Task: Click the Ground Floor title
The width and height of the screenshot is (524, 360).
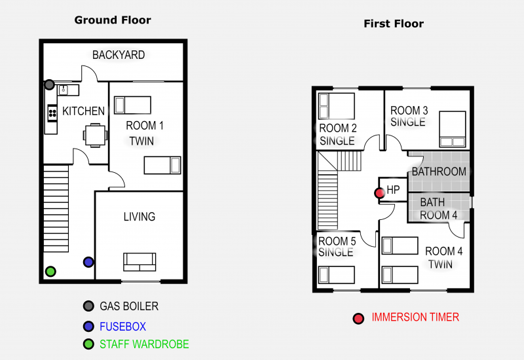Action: (x=113, y=20)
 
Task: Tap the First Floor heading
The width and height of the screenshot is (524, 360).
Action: (x=394, y=24)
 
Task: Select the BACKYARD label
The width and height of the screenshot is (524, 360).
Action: (x=119, y=55)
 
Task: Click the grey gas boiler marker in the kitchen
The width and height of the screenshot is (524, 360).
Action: (x=50, y=84)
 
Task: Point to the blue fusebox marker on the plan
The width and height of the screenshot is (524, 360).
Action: (x=88, y=262)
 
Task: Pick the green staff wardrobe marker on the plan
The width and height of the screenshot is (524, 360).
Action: (x=50, y=271)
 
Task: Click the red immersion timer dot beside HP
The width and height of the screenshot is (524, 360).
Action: (x=379, y=193)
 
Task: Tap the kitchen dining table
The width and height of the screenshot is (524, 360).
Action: (x=94, y=135)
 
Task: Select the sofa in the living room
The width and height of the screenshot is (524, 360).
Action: (x=140, y=262)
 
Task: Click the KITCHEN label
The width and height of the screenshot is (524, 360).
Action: (x=83, y=111)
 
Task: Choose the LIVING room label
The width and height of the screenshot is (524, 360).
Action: (x=139, y=217)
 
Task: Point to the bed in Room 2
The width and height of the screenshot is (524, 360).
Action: (x=336, y=105)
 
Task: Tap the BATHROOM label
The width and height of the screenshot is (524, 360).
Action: (x=439, y=172)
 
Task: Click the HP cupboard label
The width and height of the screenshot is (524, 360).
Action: (x=393, y=190)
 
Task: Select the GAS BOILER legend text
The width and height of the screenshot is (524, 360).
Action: (x=129, y=306)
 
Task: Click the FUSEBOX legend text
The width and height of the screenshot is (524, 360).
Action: (x=122, y=326)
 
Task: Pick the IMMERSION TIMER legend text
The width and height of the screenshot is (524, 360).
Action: (x=415, y=317)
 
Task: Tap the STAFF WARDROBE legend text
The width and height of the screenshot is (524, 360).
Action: (x=144, y=344)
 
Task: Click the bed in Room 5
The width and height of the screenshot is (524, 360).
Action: (x=337, y=275)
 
